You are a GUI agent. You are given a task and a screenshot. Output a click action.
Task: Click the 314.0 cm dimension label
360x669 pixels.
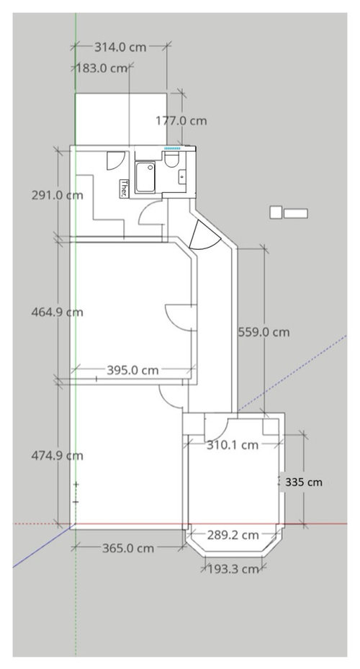(x=120, y=47)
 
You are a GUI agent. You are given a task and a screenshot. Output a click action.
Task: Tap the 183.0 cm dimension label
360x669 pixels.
(x=102, y=68)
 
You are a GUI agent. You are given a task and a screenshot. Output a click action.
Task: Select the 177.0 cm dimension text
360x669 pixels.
(x=181, y=121)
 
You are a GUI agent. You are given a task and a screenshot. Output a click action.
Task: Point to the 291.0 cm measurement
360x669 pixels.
(x=57, y=195)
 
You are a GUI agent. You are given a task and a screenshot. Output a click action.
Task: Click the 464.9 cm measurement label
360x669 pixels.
(x=57, y=313)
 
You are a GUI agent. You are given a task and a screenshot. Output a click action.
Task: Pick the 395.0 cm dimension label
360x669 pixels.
(x=132, y=370)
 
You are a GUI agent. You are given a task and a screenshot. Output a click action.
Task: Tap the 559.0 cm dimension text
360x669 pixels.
(x=264, y=332)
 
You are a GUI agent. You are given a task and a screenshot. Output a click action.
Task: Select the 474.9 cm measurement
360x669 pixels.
(x=57, y=456)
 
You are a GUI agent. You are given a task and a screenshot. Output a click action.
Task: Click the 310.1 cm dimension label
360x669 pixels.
(x=233, y=445)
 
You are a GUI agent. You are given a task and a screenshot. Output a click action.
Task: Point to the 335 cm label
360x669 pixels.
(x=304, y=482)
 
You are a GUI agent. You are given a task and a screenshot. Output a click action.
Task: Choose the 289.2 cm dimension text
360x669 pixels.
(x=233, y=535)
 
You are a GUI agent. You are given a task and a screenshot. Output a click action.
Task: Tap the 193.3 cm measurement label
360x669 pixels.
(x=234, y=569)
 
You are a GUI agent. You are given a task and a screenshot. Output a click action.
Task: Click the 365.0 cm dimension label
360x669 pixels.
(x=128, y=548)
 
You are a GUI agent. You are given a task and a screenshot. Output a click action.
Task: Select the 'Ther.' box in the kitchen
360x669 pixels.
(x=124, y=189)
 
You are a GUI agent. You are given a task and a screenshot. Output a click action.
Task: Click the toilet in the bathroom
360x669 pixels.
(x=171, y=159)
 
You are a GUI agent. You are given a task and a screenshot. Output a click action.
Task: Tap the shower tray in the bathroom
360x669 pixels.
(x=145, y=177)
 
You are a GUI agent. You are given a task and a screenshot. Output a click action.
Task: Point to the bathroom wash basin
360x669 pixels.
(x=183, y=176)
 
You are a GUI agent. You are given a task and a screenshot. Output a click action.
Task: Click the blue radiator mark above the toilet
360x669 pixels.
(x=172, y=148)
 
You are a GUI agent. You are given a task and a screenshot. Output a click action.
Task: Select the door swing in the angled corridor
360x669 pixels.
(x=204, y=236)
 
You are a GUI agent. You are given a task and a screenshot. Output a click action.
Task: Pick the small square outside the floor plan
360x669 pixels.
(x=276, y=212)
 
